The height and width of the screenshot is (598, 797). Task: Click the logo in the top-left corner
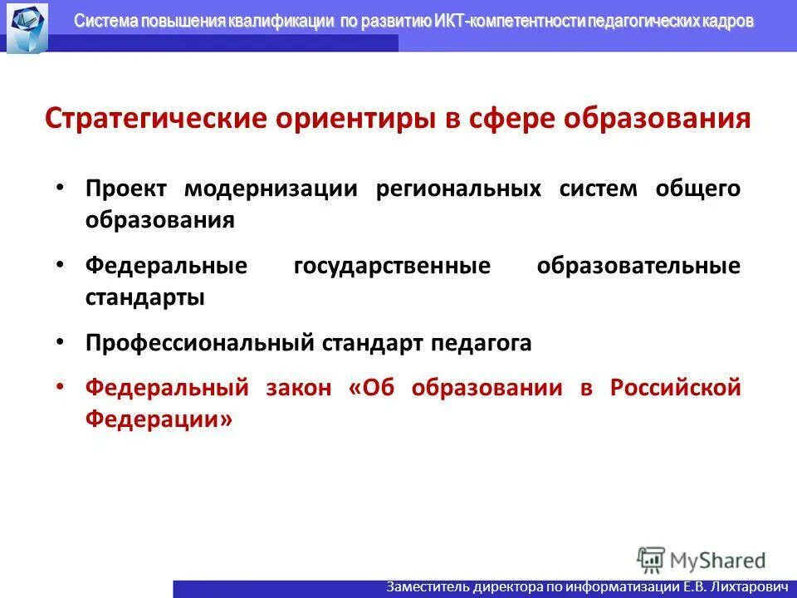(27, 27)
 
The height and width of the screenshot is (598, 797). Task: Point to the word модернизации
(271, 189)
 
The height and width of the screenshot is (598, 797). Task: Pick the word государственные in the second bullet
(392, 266)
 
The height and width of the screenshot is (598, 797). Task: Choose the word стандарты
(144, 297)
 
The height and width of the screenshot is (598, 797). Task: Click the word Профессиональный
(198, 342)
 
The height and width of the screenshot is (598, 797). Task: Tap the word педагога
(481, 342)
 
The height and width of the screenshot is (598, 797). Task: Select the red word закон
(299, 387)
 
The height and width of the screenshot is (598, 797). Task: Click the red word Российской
(675, 387)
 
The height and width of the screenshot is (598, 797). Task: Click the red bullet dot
(59, 387)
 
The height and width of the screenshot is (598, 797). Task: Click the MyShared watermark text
(718, 560)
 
